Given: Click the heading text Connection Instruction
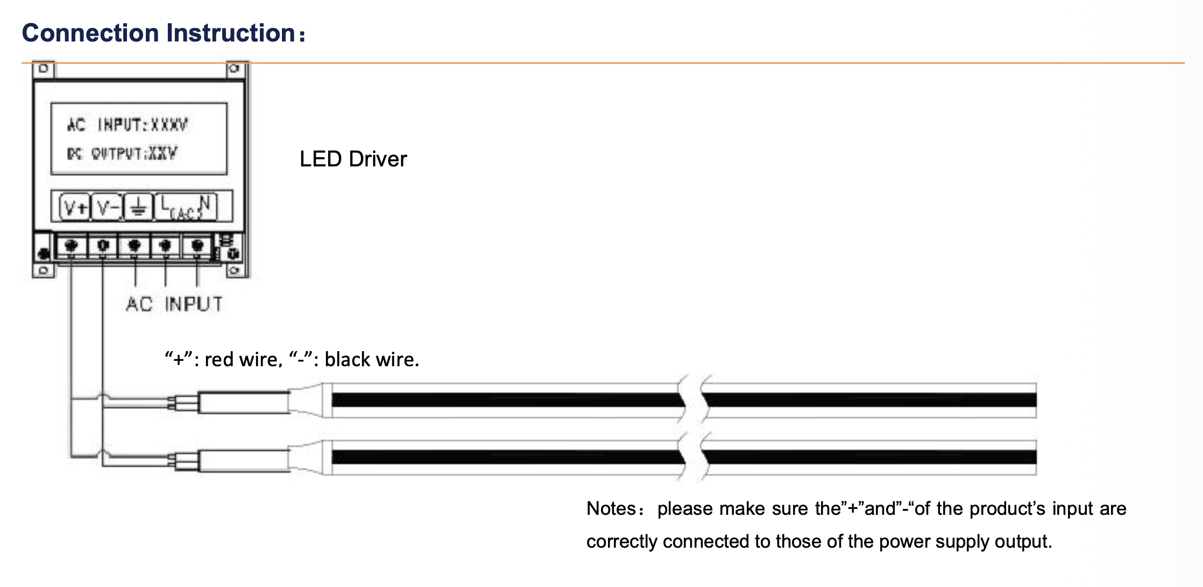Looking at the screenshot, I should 159,33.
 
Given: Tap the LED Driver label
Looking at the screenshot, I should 353,159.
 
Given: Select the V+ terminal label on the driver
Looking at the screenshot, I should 75,207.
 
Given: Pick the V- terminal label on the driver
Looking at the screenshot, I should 108,207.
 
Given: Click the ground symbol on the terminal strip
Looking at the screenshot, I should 138,207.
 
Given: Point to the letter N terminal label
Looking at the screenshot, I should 204,203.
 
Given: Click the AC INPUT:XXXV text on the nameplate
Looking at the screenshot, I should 128,125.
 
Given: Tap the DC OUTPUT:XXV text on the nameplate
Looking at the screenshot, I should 122,153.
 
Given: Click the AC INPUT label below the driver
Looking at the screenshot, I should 174,304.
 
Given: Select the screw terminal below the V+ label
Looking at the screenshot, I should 71,246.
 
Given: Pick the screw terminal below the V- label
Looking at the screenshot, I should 103,246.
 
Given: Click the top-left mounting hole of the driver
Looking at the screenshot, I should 44,68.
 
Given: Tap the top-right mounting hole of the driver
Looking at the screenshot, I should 234,68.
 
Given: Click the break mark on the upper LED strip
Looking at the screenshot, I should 693,400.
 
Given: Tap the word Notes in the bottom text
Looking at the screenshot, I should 611,508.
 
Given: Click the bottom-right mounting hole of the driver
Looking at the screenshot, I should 234,270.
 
